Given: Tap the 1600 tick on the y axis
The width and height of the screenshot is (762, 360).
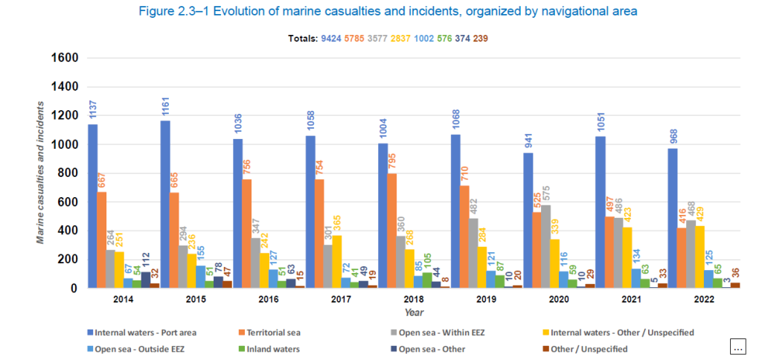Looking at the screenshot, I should click(x=64, y=58).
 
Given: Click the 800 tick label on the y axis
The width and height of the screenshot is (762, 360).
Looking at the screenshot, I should click(x=68, y=173).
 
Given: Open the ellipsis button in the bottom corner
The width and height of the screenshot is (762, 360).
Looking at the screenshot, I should click(x=737, y=346).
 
